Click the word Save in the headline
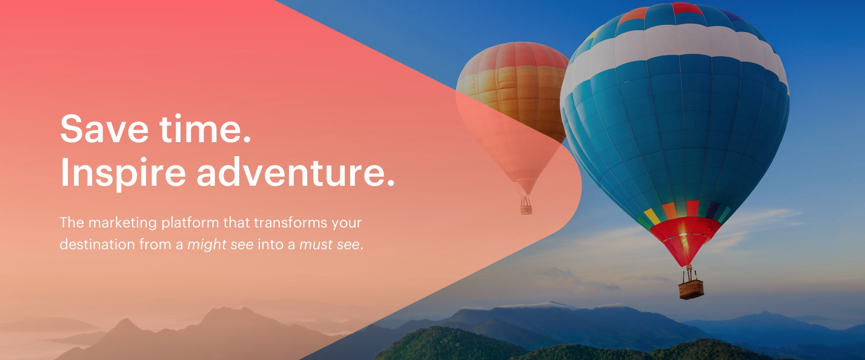point(104,128)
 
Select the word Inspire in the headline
point(123,173)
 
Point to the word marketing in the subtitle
point(123,223)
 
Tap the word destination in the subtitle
point(97,244)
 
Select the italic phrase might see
point(220,244)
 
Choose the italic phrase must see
point(330,244)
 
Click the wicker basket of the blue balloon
point(691,289)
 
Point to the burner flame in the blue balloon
point(683,234)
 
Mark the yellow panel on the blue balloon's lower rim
point(652,216)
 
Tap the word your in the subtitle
point(346,223)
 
